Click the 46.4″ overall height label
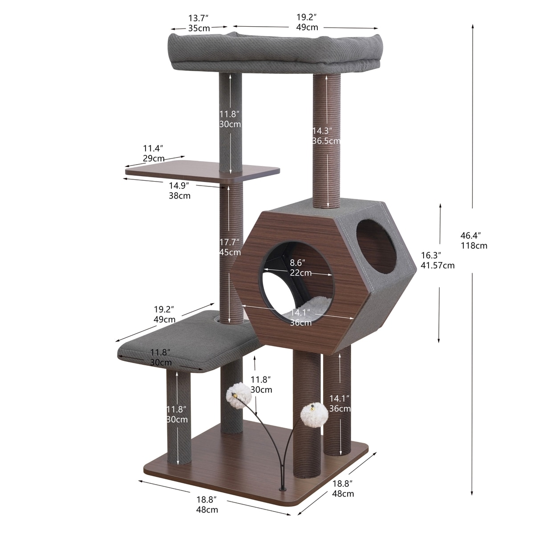(470, 235)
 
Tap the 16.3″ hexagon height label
(431, 255)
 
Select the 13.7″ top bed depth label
(198, 18)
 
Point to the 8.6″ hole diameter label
(297, 262)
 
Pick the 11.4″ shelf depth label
(153, 148)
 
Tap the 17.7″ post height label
(230, 242)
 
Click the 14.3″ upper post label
(322, 130)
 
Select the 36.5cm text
(326, 141)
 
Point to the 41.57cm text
(437, 265)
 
